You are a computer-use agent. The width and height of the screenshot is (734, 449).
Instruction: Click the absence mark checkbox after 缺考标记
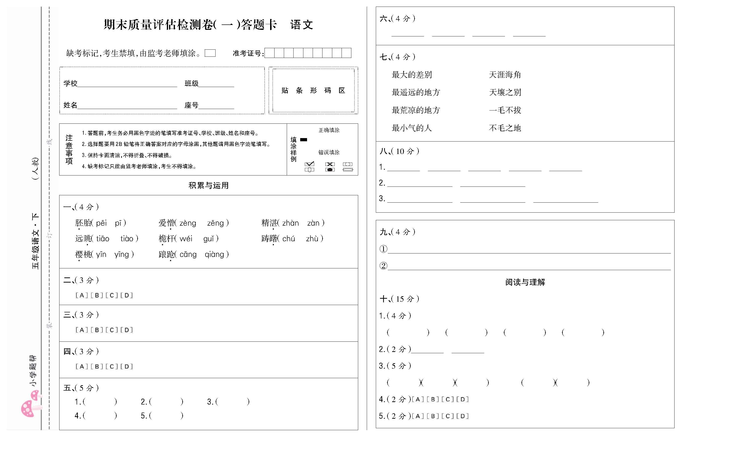click(210, 53)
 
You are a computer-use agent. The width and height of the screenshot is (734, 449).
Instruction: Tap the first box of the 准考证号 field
click(269, 53)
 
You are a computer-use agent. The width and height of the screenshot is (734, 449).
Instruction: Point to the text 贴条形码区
click(313, 90)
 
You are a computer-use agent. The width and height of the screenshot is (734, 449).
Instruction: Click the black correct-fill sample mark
click(304, 140)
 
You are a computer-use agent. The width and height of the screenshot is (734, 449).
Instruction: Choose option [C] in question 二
click(112, 295)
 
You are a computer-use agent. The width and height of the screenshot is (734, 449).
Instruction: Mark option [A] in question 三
click(82, 330)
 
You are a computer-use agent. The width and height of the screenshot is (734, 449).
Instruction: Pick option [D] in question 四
click(127, 366)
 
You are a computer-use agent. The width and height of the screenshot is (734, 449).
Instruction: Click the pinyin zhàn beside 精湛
click(290, 223)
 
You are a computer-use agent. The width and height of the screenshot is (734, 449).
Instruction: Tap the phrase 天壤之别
click(505, 92)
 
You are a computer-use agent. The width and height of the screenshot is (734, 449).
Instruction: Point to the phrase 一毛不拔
click(505, 110)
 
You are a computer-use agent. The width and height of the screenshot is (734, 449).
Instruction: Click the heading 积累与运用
click(208, 185)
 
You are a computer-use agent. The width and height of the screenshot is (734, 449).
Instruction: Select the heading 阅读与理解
click(525, 282)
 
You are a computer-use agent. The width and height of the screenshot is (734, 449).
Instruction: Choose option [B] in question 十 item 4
click(433, 399)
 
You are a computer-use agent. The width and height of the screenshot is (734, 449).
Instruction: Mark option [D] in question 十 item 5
click(462, 416)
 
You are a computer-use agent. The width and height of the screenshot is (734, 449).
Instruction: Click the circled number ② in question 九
click(383, 265)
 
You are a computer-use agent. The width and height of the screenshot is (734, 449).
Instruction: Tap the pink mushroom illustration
click(30, 405)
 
